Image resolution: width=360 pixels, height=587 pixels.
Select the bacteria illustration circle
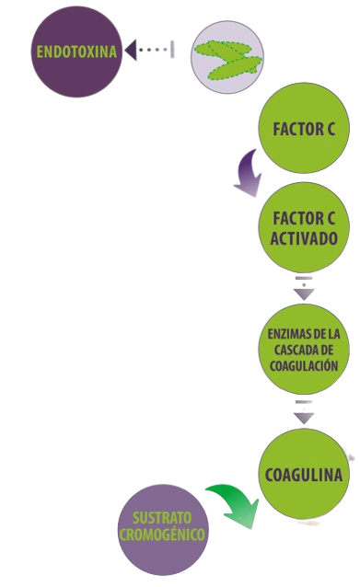(x=226, y=57)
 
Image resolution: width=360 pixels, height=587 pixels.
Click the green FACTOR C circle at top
(x=304, y=131)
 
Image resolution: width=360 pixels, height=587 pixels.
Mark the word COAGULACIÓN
(x=304, y=365)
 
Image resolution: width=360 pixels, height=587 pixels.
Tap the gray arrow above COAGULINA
(x=304, y=411)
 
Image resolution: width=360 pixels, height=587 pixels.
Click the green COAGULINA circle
(x=304, y=475)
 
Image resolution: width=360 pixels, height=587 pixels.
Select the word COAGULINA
(x=303, y=476)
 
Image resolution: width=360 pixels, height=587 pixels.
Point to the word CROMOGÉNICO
(x=164, y=534)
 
